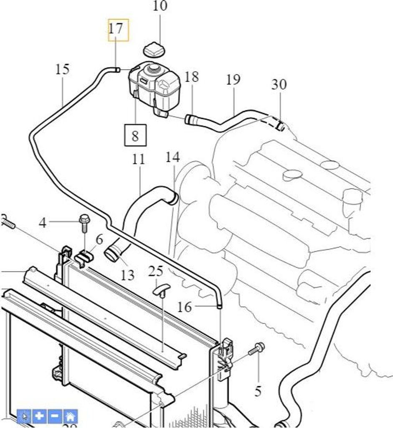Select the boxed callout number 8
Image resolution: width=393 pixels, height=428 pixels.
click(x=135, y=136)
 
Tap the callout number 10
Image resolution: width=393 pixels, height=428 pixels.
click(x=160, y=6)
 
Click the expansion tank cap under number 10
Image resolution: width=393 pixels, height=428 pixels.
click(x=154, y=51)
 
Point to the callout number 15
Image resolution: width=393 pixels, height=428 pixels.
click(x=62, y=69)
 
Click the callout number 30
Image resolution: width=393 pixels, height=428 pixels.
click(x=279, y=85)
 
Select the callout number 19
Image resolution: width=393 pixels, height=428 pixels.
click(x=233, y=79)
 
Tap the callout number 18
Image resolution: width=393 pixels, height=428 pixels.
click(x=191, y=77)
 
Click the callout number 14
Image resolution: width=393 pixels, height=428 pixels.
click(x=172, y=158)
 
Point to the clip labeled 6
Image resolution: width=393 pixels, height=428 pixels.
click(x=85, y=258)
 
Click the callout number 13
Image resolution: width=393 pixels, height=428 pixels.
click(x=127, y=275)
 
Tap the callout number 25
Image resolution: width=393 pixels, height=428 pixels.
click(x=155, y=272)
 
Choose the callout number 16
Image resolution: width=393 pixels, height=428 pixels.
click(x=184, y=308)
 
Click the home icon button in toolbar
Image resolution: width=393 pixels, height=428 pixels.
click(x=70, y=416)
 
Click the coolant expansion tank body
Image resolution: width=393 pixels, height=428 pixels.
click(x=155, y=88)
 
